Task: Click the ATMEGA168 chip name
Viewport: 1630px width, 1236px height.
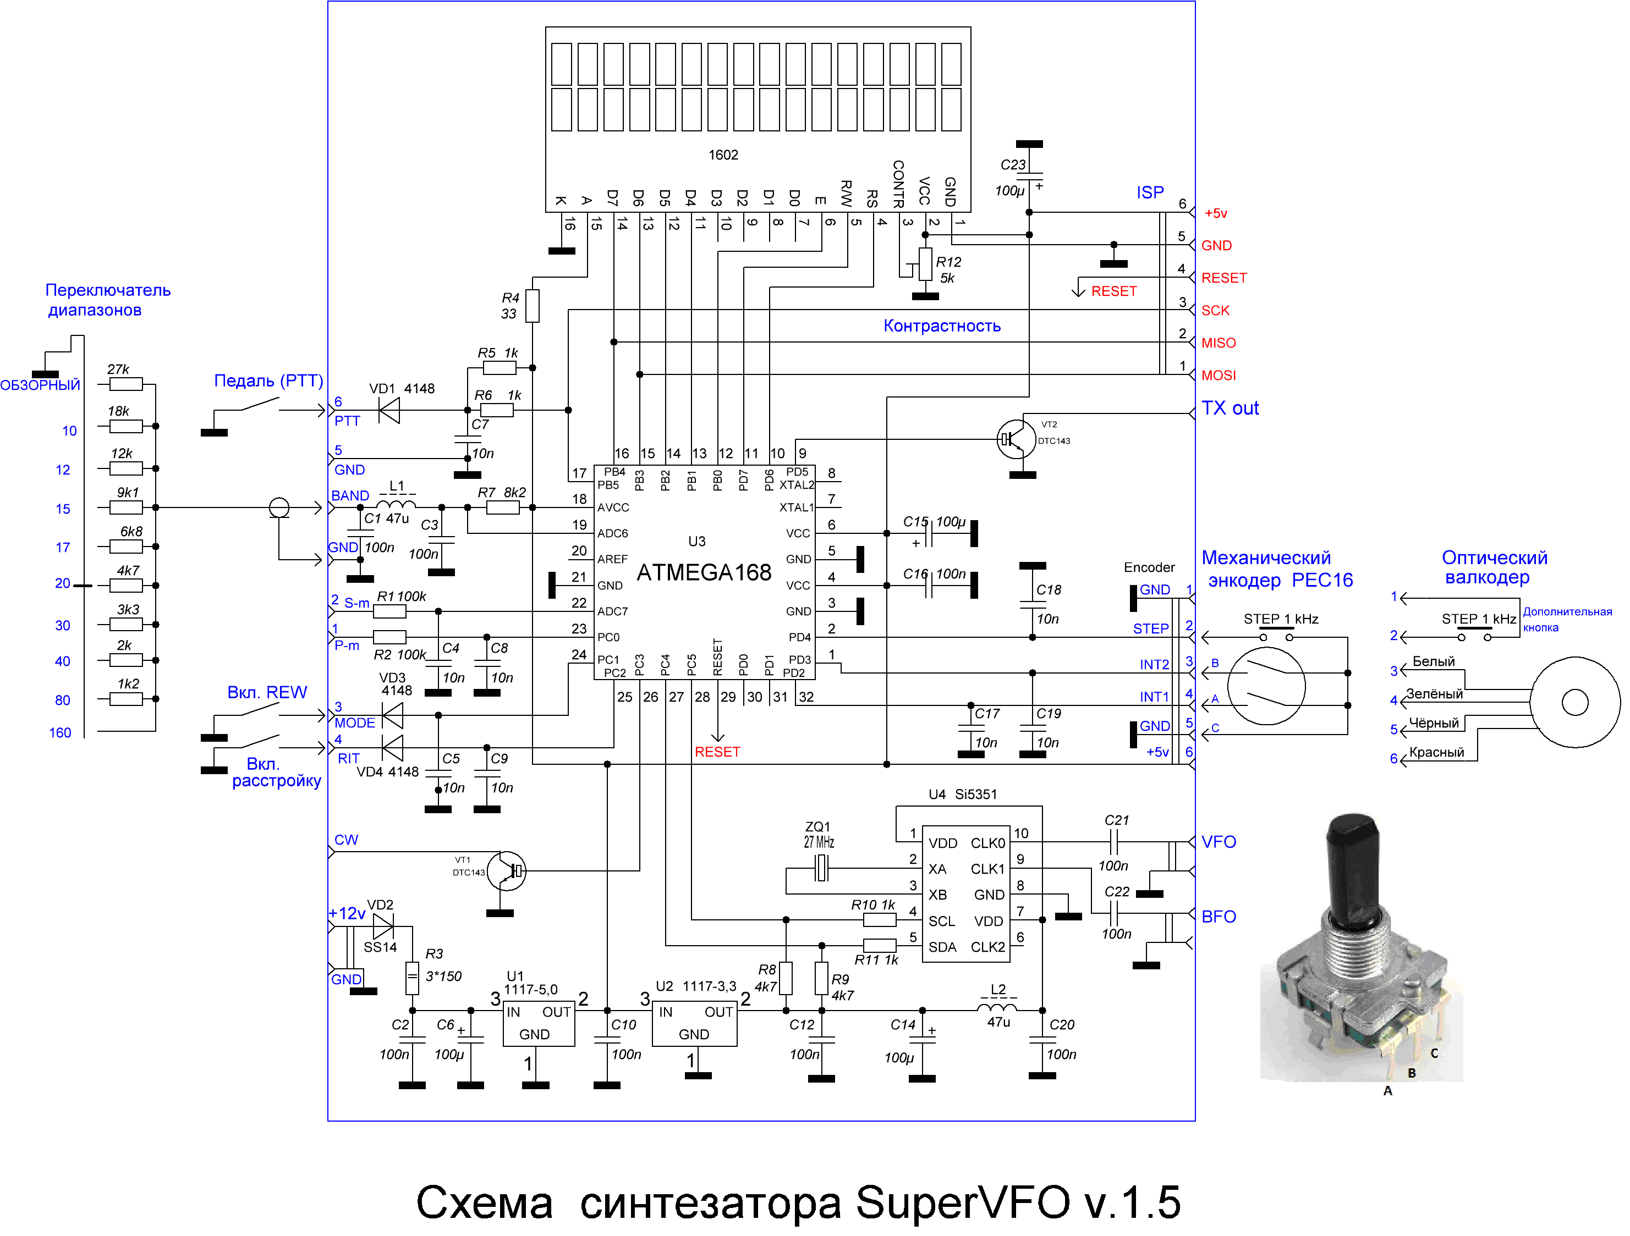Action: coord(704,572)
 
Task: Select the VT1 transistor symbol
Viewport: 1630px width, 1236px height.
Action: coord(507,871)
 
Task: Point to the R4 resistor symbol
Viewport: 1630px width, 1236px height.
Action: coord(532,306)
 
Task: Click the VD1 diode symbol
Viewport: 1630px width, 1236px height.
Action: coord(388,410)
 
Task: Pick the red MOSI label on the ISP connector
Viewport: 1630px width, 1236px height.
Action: coord(1219,375)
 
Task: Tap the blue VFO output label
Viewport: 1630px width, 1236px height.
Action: coord(1219,842)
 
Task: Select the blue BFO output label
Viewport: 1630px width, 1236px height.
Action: coord(1219,917)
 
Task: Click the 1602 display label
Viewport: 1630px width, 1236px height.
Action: coord(723,154)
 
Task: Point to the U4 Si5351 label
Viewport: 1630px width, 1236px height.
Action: coord(962,794)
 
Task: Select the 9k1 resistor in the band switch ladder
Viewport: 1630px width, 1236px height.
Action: coord(126,507)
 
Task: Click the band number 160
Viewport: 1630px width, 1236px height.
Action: coord(61,733)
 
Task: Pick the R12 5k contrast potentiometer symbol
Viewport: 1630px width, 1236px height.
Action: coord(925,264)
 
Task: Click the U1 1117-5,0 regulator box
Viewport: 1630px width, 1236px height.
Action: coord(539,1024)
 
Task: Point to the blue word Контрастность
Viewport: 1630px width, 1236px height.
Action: coord(942,325)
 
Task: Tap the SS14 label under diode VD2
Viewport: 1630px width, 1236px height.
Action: coord(380,947)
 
